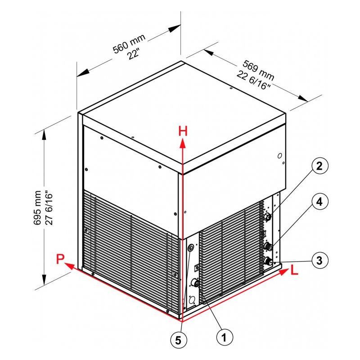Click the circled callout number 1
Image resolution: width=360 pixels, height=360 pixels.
225,337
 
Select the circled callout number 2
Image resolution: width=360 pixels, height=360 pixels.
319,166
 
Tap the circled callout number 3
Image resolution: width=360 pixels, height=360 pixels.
319,261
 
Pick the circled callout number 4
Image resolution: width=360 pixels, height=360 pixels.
319,202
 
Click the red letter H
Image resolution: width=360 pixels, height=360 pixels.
183,131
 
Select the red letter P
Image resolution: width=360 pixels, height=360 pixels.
60,259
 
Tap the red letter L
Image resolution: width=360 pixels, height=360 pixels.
294,270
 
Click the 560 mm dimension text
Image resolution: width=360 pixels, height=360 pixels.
129,44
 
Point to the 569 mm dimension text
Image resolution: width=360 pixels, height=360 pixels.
258,70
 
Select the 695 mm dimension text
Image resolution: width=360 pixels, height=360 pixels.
38,207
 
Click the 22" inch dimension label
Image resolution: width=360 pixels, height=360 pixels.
134,54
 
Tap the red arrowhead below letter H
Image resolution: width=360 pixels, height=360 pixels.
183,143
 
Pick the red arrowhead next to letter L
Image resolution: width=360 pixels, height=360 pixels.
283,272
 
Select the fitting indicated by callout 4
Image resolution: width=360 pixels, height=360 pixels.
267,246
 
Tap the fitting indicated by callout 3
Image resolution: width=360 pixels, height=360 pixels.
267,261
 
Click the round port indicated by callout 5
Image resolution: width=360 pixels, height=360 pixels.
191,248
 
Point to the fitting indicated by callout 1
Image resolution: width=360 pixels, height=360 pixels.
195,282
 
